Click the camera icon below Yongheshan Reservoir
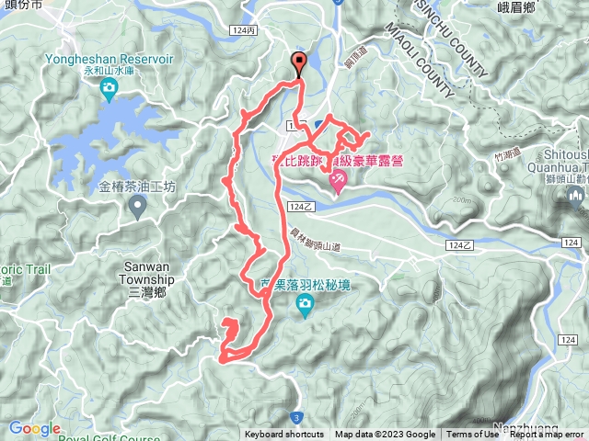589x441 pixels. (x=108, y=89)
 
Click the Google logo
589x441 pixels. (x=34, y=429)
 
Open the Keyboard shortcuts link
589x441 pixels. (x=284, y=435)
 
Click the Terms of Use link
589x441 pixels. (x=471, y=435)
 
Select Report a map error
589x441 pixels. (x=547, y=435)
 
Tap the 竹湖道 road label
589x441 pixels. (x=507, y=157)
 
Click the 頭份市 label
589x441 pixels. (x=24, y=5)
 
